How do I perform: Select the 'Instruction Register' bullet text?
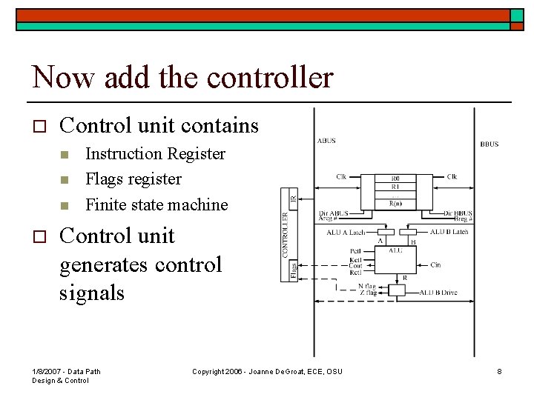(x=155, y=154)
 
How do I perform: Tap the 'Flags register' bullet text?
(x=133, y=179)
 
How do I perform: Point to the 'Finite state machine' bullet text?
(x=156, y=204)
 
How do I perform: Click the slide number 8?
(x=499, y=371)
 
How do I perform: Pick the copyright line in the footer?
(x=267, y=371)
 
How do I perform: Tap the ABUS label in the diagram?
(x=327, y=140)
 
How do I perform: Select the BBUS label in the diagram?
(x=489, y=144)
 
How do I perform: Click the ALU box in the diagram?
(x=396, y=251)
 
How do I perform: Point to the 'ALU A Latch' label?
(x=345, y=233)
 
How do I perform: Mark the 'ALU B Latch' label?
(x=448, y=233)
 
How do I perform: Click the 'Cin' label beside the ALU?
(x=435, y=264)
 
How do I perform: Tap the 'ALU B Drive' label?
(x=438, y=293)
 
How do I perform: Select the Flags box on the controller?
(x=293, y=270)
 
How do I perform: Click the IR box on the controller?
(x=293, y=199)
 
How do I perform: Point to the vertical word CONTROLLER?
(x=285, y=236)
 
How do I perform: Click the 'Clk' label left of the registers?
(x=341, y=177)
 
